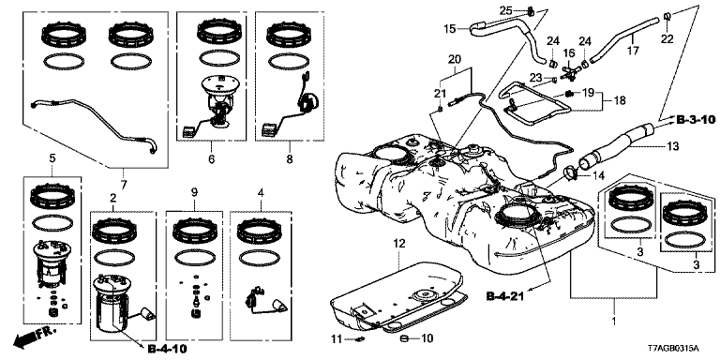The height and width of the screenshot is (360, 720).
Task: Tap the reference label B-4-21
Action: coord(505,297)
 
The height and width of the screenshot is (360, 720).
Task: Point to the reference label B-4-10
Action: coord(168,349)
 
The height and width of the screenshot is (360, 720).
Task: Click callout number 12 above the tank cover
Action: coord(399,244)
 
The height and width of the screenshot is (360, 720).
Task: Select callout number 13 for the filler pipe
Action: coord(673,146)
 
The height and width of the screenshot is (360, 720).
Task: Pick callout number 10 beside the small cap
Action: coord(427,339)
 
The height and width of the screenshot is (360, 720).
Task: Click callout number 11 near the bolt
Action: coord(337,339)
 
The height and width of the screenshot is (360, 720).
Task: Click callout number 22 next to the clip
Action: coord(667,39)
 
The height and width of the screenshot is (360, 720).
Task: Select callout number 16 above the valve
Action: coord(569,53)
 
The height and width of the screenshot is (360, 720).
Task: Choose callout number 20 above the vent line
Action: coord(454,59)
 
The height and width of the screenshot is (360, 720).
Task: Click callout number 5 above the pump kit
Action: coord(52,158)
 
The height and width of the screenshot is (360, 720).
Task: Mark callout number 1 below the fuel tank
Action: coord(614,317)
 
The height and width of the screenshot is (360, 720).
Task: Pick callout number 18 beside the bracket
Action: coord(620,101)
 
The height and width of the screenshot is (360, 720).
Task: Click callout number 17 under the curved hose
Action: coord(633,51)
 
